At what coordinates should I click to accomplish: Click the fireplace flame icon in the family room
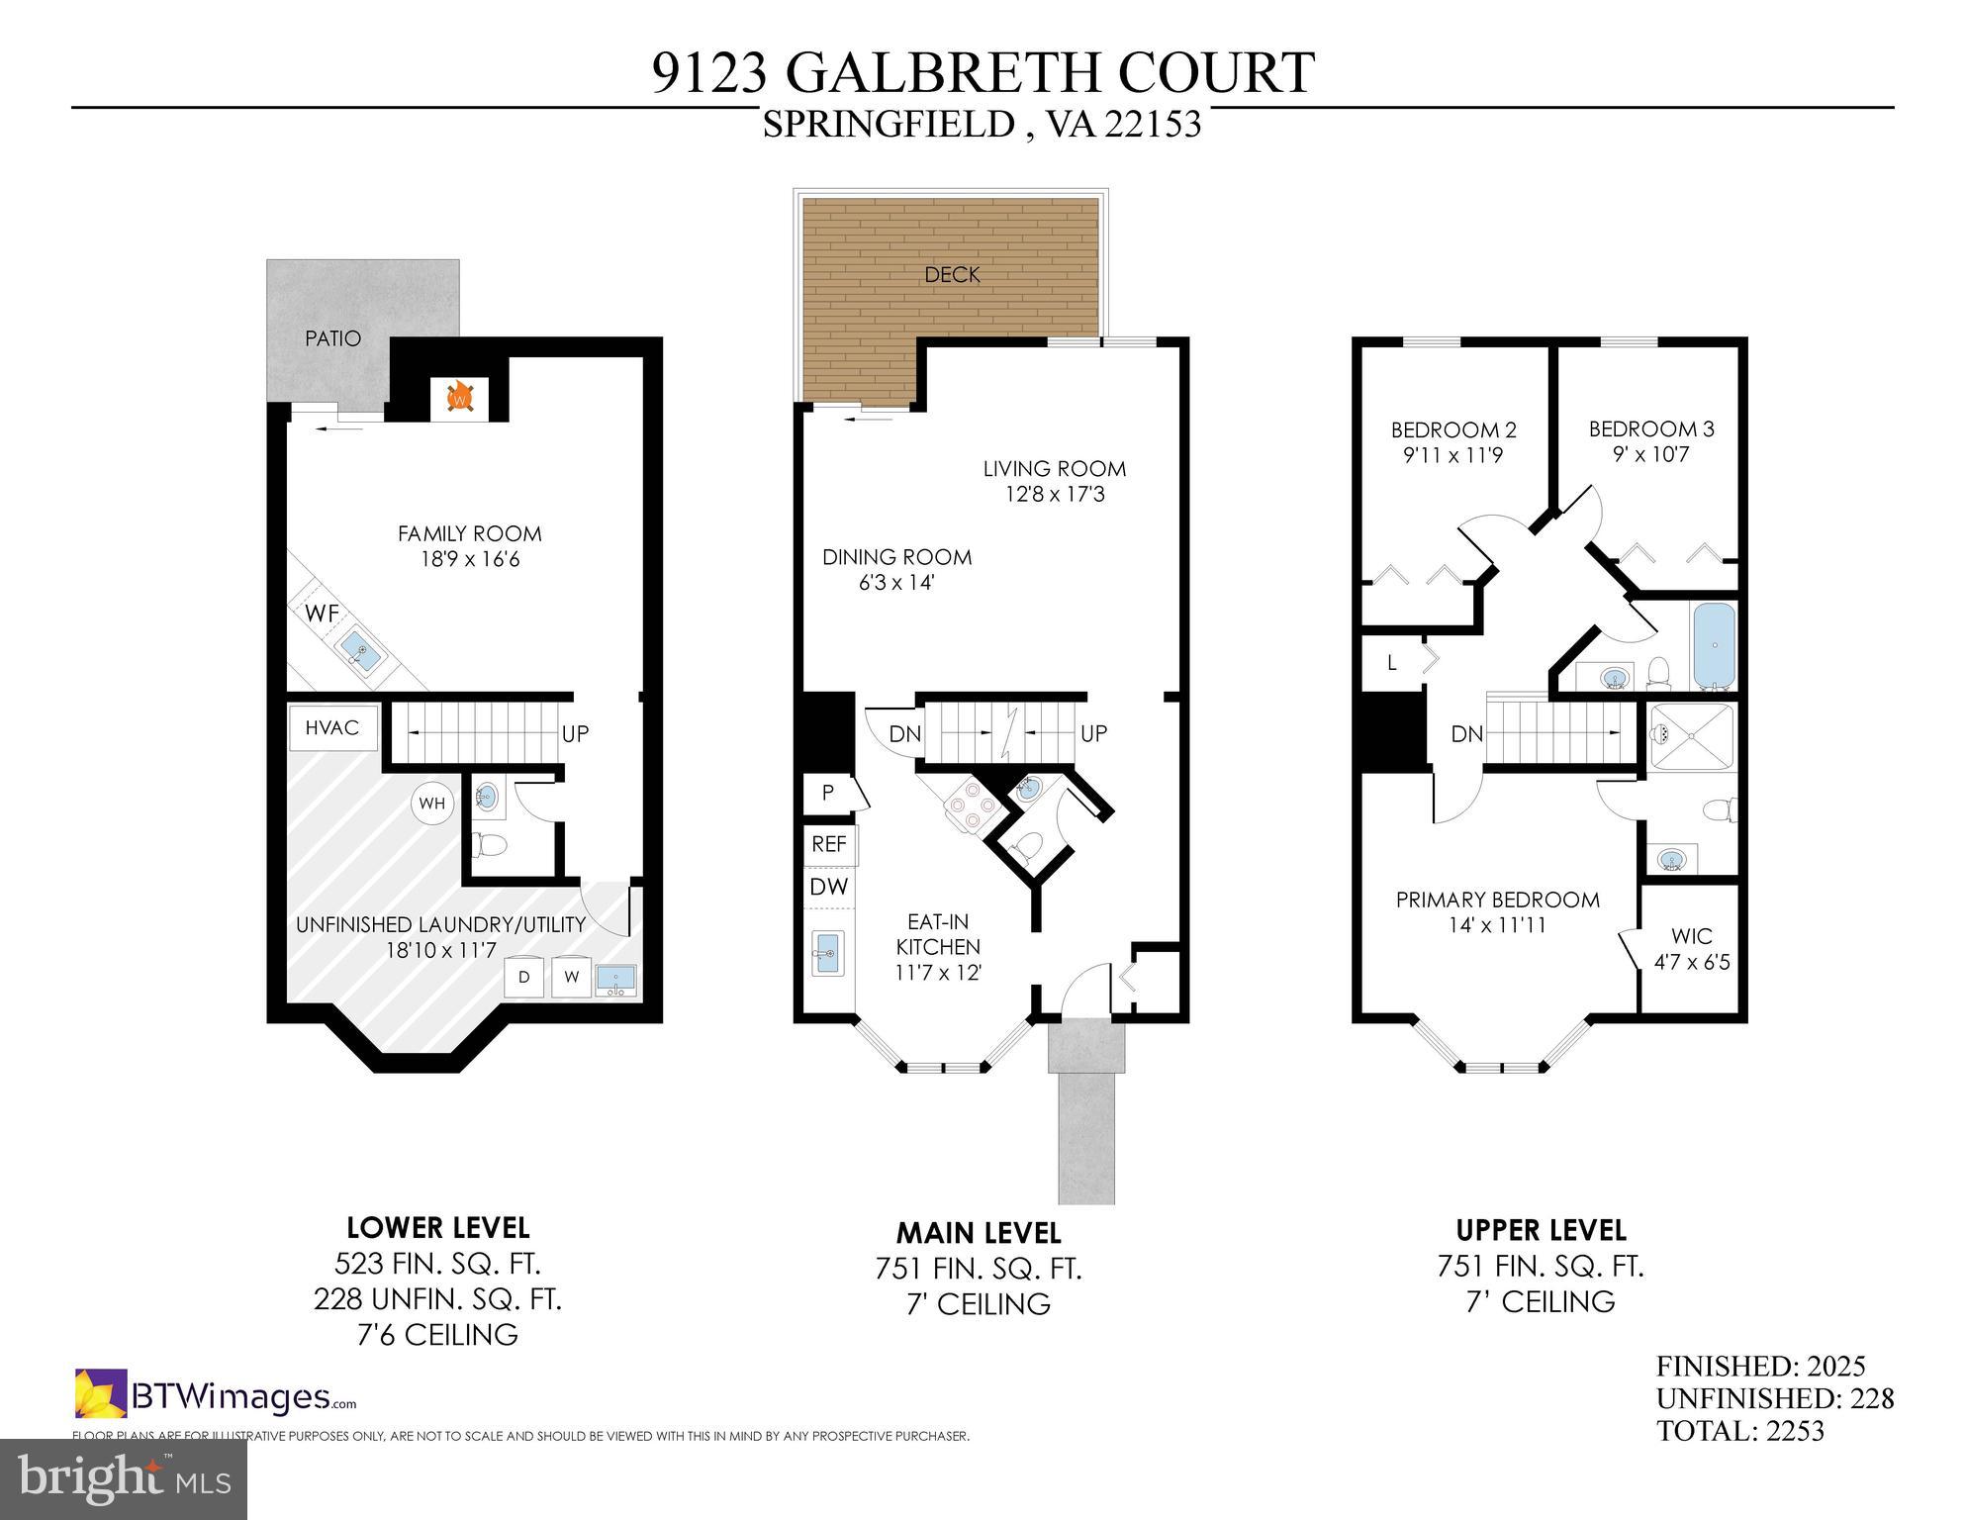coord(459,398)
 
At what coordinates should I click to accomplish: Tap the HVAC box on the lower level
coord(332,728)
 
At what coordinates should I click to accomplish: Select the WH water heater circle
coord(432,804)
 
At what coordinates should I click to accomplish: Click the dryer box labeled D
coord(524,978)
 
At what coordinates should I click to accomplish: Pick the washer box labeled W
coord(571,978)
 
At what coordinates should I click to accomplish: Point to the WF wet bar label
coord(322,614)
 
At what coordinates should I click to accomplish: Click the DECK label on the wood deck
coord(952,275)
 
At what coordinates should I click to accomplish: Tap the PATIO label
coord(332,338)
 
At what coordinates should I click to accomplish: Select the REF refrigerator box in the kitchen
coord(829,844)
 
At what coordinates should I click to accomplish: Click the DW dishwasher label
coord(829,887)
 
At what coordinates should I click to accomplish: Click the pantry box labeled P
coord(828,793)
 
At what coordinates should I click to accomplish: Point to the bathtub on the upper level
coord(1714,645)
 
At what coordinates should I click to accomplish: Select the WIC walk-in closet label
coord(1692,936)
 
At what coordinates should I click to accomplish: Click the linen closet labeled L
coord(1392,663)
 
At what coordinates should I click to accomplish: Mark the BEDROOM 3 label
coord(1650,429)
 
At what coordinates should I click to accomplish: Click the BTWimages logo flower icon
coord(101,1393)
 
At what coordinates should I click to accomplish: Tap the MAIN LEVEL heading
coord(978,1233)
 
